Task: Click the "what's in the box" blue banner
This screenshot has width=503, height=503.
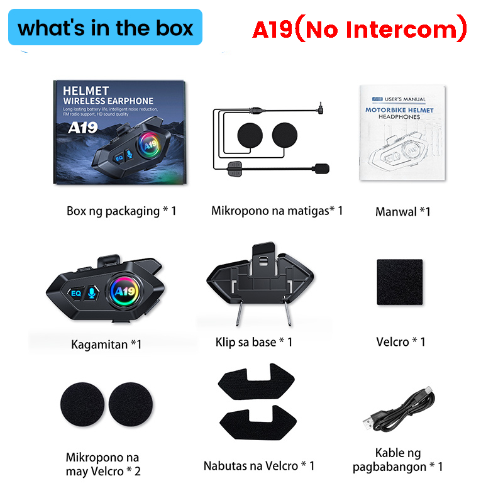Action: point(106,28)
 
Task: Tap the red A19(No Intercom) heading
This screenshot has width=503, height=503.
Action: point(360,28)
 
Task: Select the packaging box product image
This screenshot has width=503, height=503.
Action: point(120,132)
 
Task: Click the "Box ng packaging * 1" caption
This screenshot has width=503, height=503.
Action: point(121,211)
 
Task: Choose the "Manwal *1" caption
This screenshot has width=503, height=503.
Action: point(402,211)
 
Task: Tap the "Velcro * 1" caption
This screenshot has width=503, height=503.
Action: point(401,341)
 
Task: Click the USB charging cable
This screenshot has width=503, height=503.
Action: point(397,412)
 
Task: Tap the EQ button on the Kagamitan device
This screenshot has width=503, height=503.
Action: point(76,292)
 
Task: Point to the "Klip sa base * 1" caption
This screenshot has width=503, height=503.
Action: point(253,342)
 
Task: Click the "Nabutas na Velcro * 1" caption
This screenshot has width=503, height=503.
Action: point(259,466)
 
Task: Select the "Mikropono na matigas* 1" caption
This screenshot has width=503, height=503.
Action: point(277,210)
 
